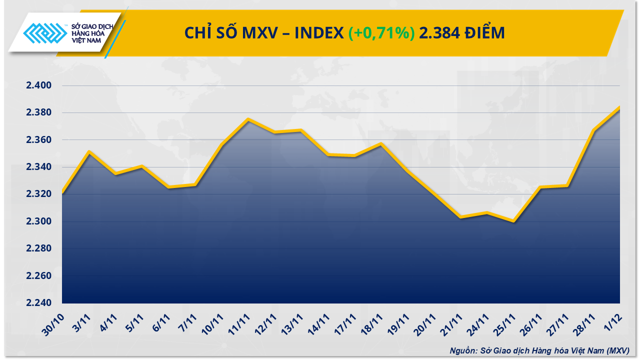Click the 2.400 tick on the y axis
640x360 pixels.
coord(39,85)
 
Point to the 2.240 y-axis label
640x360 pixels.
coord(39,303)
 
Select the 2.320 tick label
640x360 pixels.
coord(39,194)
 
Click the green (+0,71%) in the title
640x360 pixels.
coord(381,33)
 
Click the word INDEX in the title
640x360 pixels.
coord(318,33)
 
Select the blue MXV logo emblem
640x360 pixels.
coord(45,34)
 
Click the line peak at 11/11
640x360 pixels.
coord(248,119)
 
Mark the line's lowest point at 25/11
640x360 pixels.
coord(513,221)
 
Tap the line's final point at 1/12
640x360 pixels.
coord(619,107)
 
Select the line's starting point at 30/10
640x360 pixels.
coord(62,192)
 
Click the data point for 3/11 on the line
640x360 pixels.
coord(89,151)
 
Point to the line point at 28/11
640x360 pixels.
coord(593,130)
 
